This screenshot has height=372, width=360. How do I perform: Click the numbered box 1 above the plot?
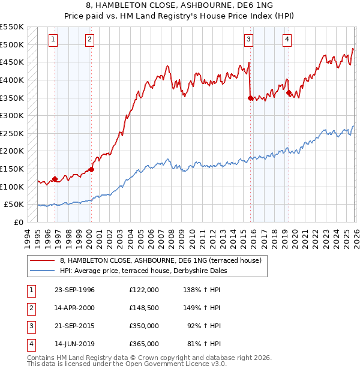tap(53, 40)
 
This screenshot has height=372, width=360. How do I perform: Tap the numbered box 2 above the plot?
tap(89, 40)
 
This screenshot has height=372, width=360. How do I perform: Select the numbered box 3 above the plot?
tap(248, 40)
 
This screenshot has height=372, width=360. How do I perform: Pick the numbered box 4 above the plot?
tap(287, 40)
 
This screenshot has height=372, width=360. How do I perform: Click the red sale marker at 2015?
tap(250, 98)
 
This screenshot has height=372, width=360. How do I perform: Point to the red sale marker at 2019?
tap(289, 92)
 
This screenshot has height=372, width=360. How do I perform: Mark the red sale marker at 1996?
tap(55, 179)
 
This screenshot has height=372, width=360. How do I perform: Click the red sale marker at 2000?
tap(92, 169)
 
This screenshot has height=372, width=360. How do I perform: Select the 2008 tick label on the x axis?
tap(173, 237)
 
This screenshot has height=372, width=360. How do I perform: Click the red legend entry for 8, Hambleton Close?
tap(161, 261)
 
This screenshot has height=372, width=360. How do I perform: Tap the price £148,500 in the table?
tap(143, 308)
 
